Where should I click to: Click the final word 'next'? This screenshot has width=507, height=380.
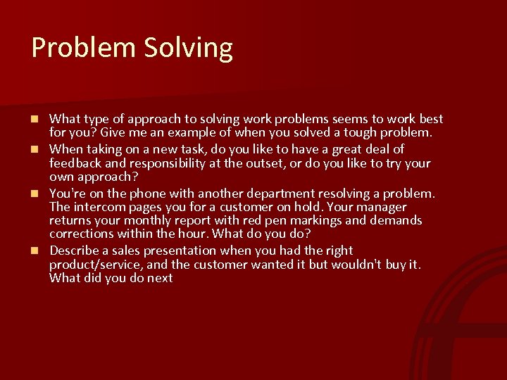(x=159, y=279)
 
